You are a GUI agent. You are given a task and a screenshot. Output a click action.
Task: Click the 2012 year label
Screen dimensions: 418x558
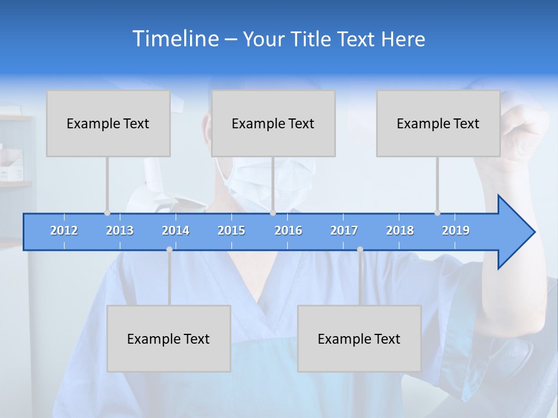64,230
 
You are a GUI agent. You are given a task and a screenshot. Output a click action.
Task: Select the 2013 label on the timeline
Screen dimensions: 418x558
120,230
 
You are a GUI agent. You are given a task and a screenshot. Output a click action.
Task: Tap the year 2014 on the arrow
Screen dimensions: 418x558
176,230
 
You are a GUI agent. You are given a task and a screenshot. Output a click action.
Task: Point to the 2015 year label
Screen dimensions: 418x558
231,230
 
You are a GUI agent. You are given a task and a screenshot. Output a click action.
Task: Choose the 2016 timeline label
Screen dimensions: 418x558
288,230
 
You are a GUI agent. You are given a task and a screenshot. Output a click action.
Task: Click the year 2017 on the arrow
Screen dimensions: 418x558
344,230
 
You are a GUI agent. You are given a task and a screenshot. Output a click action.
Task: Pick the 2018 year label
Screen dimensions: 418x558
400,230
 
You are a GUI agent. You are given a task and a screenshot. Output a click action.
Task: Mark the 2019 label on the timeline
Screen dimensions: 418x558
456,230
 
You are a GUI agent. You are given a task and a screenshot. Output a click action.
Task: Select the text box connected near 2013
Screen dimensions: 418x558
108,123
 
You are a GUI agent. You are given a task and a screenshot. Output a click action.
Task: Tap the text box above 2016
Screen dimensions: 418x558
273,123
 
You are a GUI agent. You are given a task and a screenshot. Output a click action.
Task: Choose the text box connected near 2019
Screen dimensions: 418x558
438,123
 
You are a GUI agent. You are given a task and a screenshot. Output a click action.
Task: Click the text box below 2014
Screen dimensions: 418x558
169,338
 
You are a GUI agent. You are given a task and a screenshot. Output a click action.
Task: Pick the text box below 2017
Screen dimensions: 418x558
359,338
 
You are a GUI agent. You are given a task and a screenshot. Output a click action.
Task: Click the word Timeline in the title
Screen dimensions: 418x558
174,39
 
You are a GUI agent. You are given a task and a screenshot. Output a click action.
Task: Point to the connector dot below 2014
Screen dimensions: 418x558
169,249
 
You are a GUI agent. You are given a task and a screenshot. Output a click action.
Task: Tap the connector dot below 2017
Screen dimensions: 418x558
360,249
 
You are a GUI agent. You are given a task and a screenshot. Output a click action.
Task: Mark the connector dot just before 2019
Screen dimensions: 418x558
437,213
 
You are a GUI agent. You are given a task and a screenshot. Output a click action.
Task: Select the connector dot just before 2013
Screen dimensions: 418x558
107,213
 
